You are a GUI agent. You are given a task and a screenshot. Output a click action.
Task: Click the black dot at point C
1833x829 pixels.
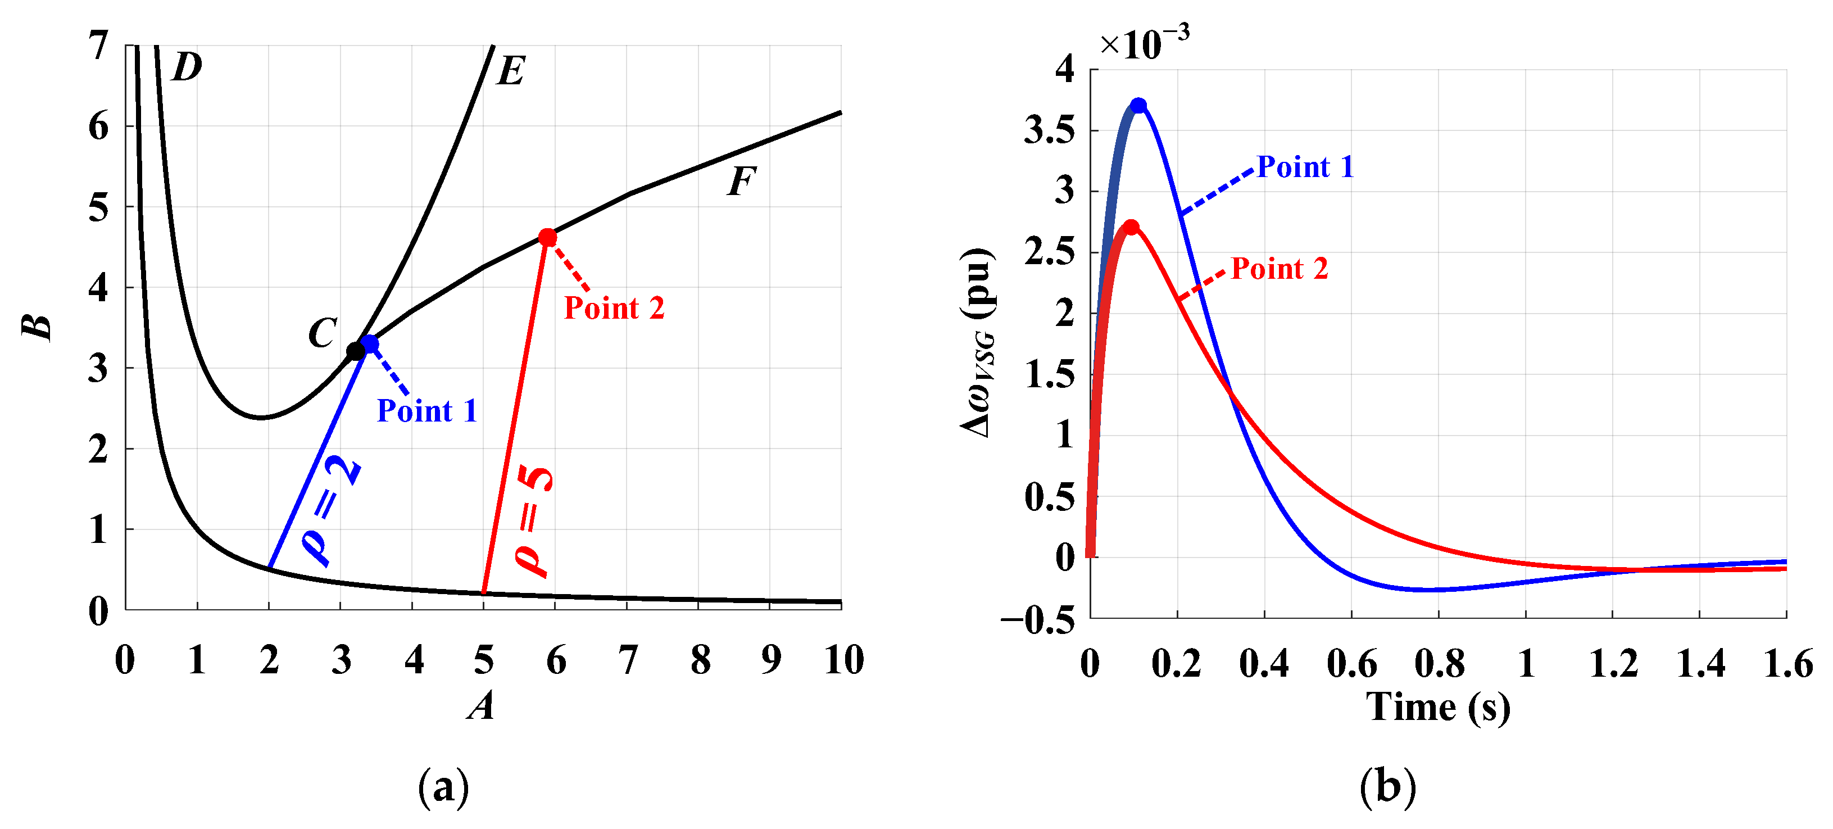point(356,351)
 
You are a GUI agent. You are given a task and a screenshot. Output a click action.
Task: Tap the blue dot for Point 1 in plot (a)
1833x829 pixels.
point(369,344)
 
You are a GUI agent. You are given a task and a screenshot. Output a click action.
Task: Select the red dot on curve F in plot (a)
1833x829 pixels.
point(547,238)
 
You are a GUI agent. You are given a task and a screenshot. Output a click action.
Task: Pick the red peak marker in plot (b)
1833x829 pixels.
point(1131,228)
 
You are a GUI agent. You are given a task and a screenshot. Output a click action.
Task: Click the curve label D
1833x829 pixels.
point(187,67)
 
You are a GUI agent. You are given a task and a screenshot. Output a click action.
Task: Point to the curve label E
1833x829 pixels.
point(511,71)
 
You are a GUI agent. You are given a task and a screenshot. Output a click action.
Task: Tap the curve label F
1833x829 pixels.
point(741,182)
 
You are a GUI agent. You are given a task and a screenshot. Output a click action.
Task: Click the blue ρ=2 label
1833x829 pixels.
point(331,511)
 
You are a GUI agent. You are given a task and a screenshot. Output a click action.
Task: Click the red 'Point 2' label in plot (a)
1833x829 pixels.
point(614,308)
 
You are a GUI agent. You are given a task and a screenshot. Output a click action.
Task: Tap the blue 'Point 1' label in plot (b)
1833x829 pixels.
point(1305,167)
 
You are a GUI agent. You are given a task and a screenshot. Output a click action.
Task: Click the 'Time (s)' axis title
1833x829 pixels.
point(1437,708)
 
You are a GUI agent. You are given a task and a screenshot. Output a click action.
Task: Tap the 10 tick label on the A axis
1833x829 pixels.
point(844,660)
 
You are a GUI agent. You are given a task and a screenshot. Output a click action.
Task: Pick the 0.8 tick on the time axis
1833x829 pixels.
point(1439,663)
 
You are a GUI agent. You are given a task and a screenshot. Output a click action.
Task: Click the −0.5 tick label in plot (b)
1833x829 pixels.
point(1037,621)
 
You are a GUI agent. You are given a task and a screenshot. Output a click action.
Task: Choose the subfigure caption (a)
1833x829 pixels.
point(443,787)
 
